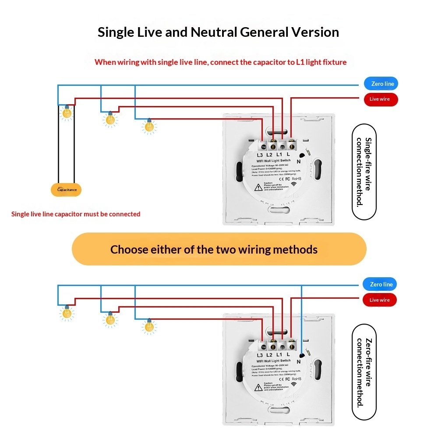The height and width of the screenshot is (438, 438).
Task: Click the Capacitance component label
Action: (66, 190)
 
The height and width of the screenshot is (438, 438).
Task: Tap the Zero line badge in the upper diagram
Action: (381, 84)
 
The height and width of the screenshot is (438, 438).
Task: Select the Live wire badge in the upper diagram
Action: (380, 99)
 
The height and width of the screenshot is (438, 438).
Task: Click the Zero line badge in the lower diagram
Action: (380, 285)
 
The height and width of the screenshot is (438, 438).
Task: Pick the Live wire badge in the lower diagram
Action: (379, 300)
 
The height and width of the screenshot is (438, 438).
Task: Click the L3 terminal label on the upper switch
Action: (260, 155)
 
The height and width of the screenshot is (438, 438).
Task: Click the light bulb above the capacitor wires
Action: (67, 113)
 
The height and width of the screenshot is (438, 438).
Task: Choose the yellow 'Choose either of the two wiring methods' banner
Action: (219, 249)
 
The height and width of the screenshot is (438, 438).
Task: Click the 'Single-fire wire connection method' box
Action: (364, 172)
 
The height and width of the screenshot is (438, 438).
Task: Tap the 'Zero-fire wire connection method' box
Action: (364, 372)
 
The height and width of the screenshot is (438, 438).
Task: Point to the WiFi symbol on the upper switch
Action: (300, 184)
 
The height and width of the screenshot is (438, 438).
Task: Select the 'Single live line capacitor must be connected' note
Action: (76, 214)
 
